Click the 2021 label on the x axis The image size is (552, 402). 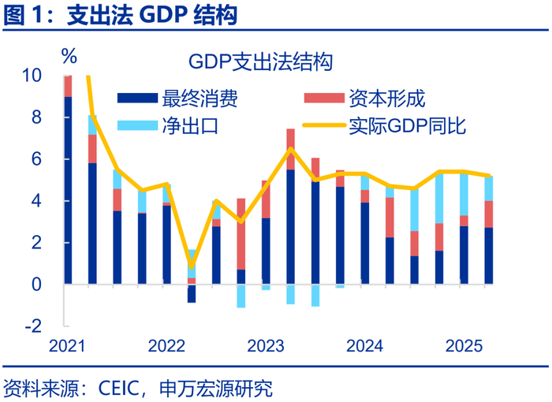(67, 345)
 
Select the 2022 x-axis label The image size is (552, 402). (166, 345)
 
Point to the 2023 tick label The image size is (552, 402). (266, 345)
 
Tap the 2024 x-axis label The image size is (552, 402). (364, 345)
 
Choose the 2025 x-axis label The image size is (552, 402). (464, 345)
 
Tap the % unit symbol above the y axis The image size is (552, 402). (69, 57)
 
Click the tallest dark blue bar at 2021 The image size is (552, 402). (68, 189)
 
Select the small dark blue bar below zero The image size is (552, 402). (192, 293)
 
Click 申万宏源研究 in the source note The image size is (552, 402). (215, 389)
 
